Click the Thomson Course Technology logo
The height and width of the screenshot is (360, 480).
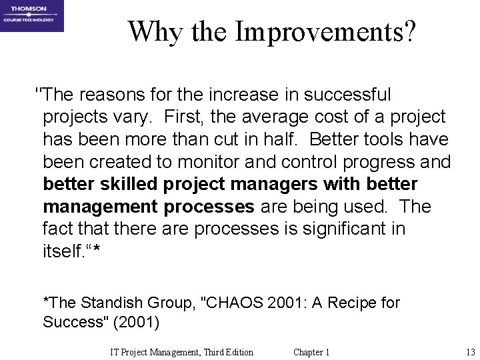(x=32, y=15)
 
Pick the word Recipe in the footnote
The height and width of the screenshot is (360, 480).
(x=355, y=303)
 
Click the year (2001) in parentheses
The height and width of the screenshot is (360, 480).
(x=137, y=323)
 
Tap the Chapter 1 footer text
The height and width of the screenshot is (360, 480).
(x=311, y=352)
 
